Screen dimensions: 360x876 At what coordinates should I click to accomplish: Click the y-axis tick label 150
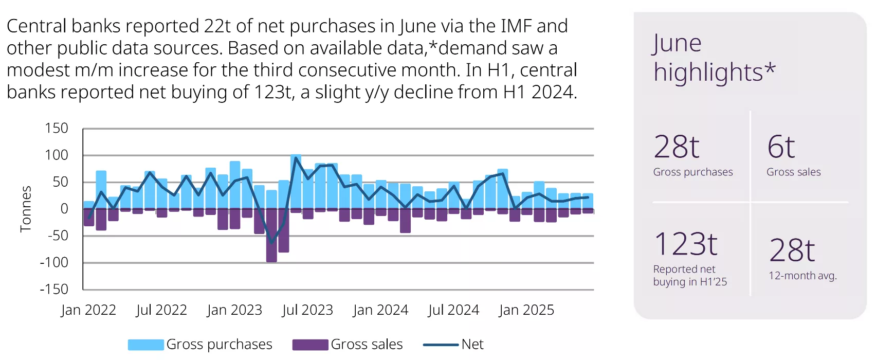click(x=57, y=128)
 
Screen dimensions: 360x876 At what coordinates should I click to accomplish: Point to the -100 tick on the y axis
click(x=54, y=262)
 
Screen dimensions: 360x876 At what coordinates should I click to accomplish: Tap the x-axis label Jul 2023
click(x=307, y=310)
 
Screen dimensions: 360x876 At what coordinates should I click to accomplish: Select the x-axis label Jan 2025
click(x=526, y=310)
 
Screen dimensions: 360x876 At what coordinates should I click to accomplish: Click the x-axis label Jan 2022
click(x=88, y=310)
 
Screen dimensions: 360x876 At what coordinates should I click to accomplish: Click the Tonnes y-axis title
click(x=26, y=209)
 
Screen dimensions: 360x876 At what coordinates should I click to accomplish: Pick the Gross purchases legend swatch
click(x=146, y=345)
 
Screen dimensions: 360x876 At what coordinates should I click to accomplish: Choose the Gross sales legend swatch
click(x=310, y=345)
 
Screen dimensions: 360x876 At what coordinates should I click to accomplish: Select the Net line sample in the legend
click(x=441, y=345)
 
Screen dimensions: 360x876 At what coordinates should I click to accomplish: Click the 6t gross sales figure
click(x=781, y=147)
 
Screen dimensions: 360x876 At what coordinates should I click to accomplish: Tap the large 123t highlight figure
click(x=686, y=244)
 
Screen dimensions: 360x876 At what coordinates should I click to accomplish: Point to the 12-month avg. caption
click(x=802, y=276)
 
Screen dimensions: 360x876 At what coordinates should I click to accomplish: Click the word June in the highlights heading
click(x=677, y=43)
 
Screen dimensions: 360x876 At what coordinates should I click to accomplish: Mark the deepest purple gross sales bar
click(x=271, y=236)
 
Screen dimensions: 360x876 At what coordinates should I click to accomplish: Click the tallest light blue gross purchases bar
click(x=296, y=182)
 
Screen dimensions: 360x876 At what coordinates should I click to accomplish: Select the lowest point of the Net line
click(x=272, y=243)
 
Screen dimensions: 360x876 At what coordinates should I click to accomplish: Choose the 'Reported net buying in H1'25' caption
click(x=690, y=276)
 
